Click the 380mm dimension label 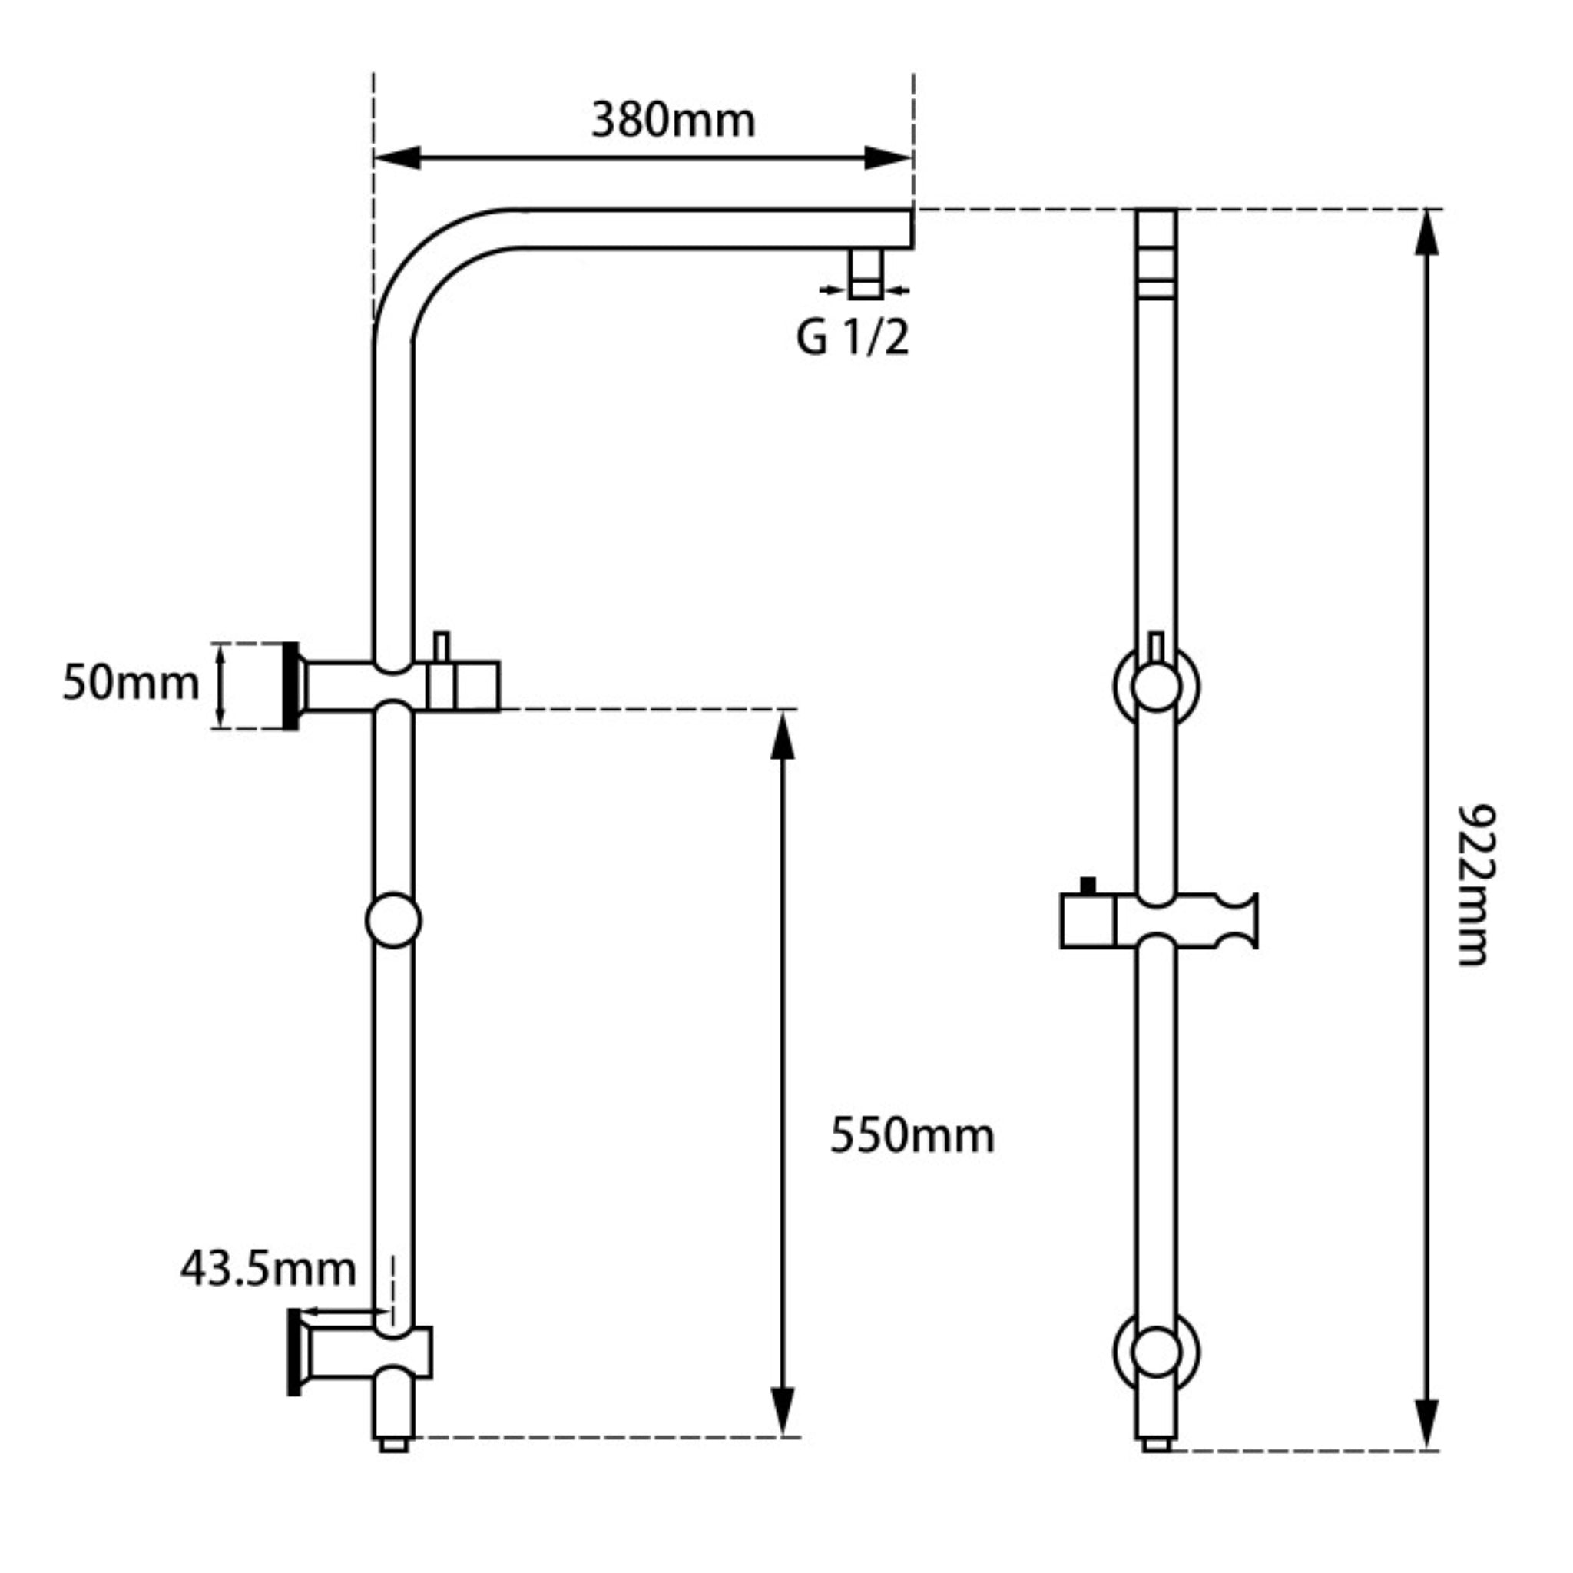click(x=674, y=121)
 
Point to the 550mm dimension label click(x=912, y=1135)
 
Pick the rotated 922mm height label click(x=1475, y=885)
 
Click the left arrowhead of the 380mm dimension click(x=397, y=158)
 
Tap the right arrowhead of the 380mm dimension click(x=887, y=158)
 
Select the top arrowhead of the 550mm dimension click(x=783, y=734)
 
